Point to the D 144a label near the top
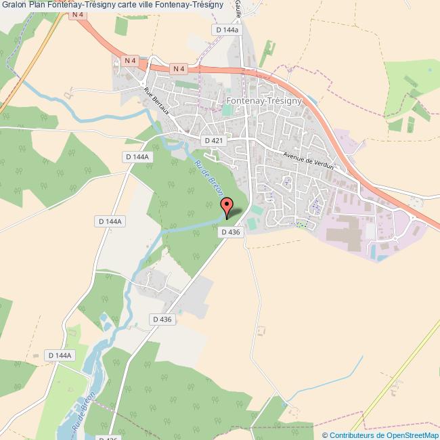coord(226,30)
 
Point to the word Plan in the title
coord(37,5)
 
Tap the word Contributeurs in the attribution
coord(353,435)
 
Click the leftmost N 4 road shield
coord(131,61)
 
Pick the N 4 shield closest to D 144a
coord(178,68)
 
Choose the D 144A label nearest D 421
coord(137,156)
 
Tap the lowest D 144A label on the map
coord(60,355)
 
